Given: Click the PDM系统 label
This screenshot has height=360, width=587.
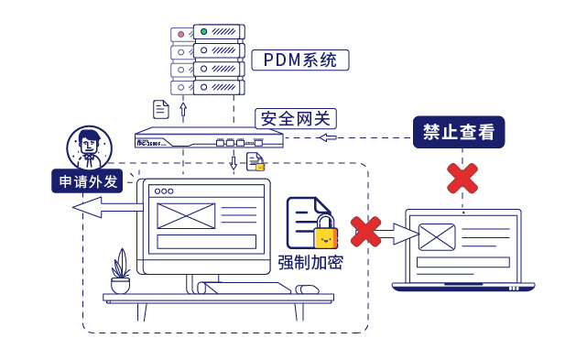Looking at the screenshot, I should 300,61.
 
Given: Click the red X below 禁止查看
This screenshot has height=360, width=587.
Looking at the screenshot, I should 462,179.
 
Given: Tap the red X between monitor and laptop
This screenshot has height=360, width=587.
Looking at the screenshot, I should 366,232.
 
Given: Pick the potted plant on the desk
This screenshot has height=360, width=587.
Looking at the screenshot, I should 120,272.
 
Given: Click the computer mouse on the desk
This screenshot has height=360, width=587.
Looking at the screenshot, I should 308,289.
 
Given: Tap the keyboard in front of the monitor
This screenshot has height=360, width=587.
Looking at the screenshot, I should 245,289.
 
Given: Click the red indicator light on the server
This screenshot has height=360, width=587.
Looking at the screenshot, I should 180,34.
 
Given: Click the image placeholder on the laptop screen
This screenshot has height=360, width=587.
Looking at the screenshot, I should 436,237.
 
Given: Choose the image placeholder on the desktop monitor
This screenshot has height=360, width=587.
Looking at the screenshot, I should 186,215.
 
